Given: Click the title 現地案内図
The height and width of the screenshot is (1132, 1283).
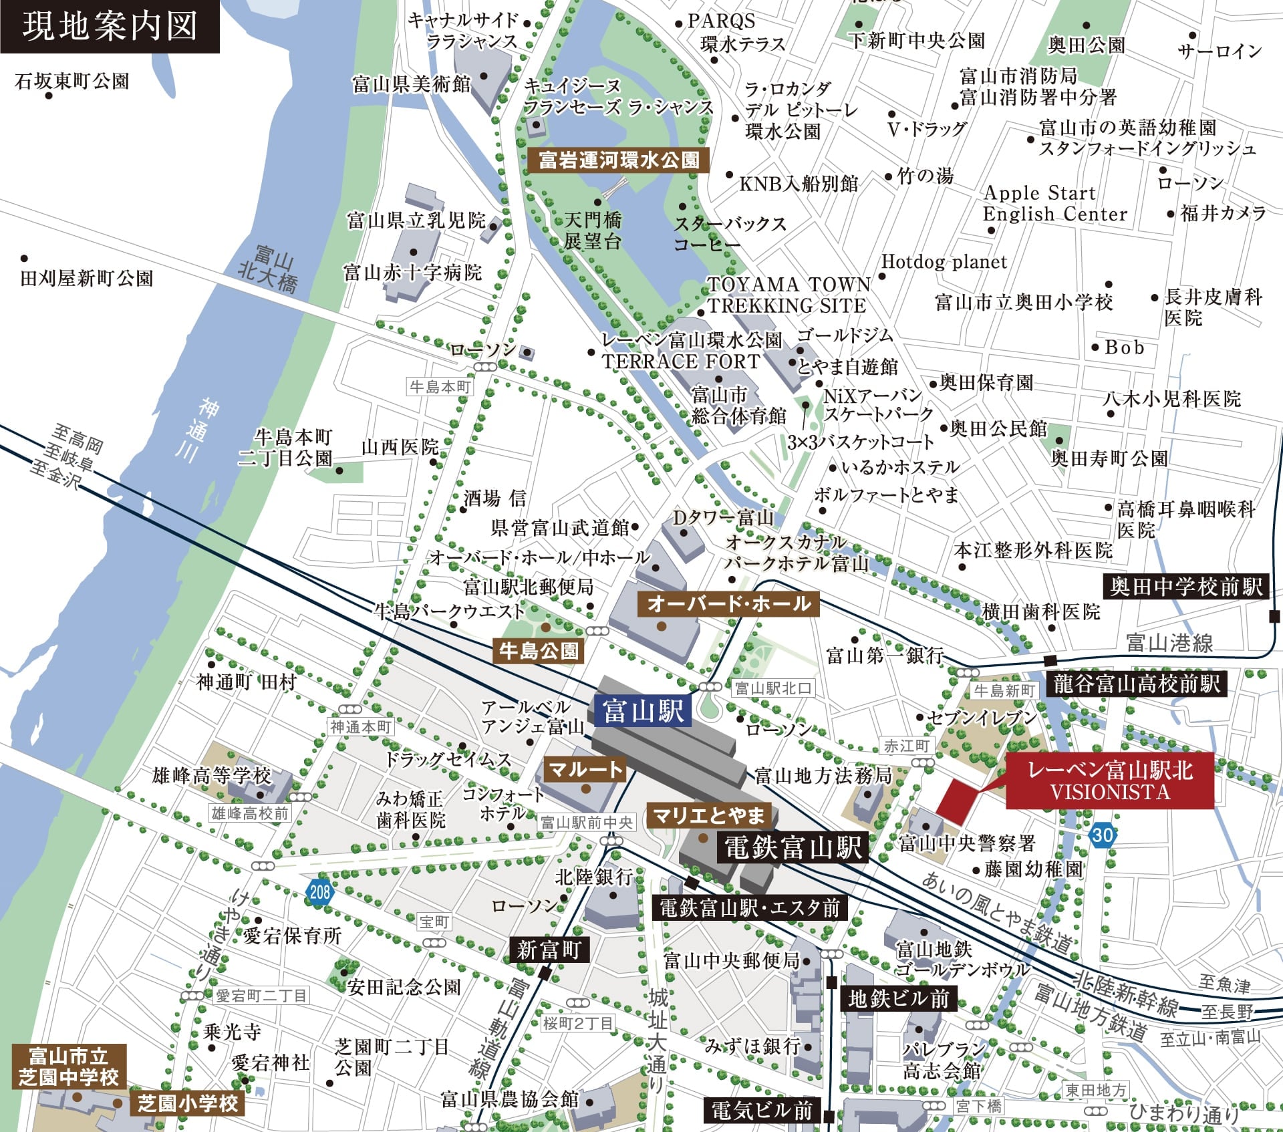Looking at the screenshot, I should [x=110, y=27].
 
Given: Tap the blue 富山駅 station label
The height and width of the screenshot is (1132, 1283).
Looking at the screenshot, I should [x=642, y=710].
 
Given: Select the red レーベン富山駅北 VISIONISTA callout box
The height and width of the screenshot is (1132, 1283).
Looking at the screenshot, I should [x=1109, y=781].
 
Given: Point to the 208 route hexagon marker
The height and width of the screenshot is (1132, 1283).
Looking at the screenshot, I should [x=319, y=891].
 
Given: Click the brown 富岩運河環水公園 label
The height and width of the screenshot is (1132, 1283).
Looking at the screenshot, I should [x=619, y=160].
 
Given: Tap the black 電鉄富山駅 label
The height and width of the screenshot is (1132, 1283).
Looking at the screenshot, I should [x=793, y=848].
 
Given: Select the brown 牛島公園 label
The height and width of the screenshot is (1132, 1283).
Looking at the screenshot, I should [x=539, y=650].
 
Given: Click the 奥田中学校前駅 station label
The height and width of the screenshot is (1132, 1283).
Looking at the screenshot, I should [x=1185, y=587].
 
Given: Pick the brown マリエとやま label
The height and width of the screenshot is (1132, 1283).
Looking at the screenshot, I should [x=708, y=815].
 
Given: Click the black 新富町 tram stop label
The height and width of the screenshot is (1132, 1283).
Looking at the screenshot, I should [x=549, y=950].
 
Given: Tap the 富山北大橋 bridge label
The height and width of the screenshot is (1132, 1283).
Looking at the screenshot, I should [x=269, y=269].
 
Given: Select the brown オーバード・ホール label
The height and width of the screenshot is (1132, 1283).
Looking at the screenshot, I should [x=728, y=603].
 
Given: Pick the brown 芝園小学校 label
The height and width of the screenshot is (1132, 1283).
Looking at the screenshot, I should [x=188, y=1103].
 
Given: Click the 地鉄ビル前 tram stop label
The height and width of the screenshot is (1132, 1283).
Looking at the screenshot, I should [x=898, y=999].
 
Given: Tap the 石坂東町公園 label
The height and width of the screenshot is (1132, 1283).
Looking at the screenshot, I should [x=72, y=82].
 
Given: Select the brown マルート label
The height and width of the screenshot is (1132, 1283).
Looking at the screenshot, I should [x=585, y=770].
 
